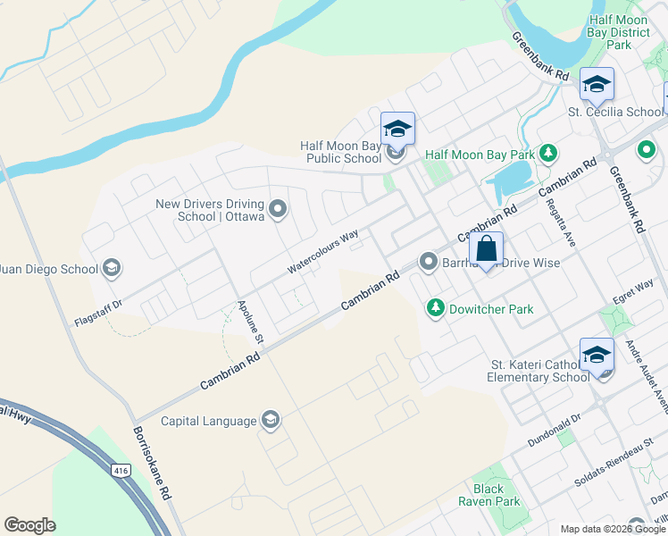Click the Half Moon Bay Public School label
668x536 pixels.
(340, 152)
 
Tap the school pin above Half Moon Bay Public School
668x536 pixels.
(397, 129)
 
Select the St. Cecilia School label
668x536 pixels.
(616, 113)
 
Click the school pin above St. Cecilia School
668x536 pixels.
(597, 85)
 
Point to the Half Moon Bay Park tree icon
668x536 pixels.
(548, 155)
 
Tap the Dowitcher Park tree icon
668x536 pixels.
(435, 309)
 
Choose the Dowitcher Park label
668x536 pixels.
(492, 310)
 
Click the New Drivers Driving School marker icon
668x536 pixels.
(278, 210)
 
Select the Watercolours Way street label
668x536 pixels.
(322, 252)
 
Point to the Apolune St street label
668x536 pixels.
(249, 322)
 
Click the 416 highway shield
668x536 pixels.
(121, 470)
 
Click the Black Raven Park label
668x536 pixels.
(496, 495)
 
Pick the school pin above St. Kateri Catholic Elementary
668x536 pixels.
(597, 356)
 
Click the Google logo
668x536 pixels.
(29, 525)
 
